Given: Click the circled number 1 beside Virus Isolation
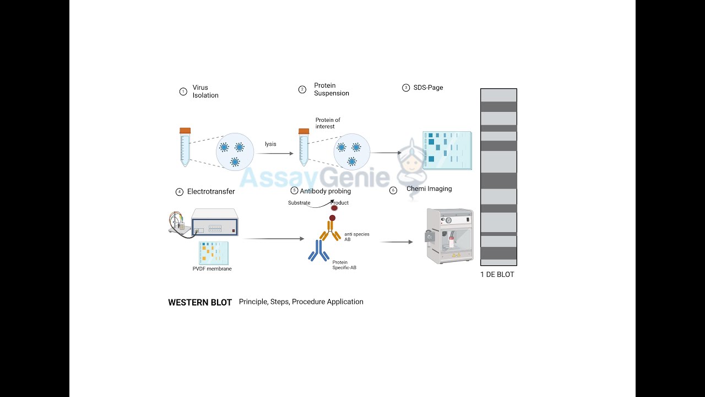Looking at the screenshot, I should tap(183, 92).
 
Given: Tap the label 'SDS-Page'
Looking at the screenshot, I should tap(428, 88).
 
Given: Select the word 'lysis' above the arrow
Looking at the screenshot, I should tap(270, 144).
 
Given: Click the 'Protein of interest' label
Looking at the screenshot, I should tap(328, 123).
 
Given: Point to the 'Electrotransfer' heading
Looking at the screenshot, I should tap(211, 192).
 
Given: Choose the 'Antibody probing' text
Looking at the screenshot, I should tap(325, 191).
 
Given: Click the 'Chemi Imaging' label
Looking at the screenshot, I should tap(429, 189).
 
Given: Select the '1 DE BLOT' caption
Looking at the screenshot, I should tap(497, 275).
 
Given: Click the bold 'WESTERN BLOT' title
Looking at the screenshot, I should tap(200, 303).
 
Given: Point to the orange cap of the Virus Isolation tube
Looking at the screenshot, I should tap(185, 131).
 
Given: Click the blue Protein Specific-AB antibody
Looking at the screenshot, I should tap(318, 251).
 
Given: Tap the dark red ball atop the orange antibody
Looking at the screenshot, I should tap(332, 218).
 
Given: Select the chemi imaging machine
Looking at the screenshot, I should tap(451, 235).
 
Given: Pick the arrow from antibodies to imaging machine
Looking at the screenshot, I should tap(396, 242).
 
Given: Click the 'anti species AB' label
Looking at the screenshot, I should tap(357, 237).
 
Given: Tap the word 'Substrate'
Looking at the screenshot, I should tap(299, 203).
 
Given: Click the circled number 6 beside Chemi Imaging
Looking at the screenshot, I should tap(393, 191).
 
